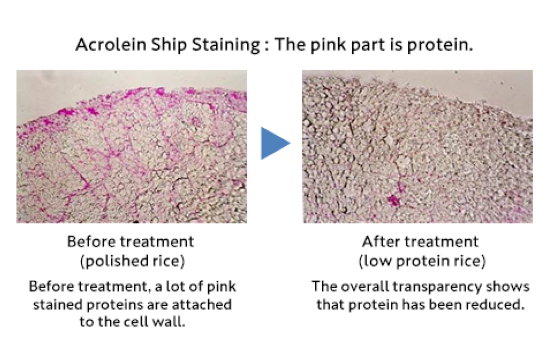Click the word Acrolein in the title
111,45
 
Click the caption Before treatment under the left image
130,241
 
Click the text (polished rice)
132,261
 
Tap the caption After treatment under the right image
420,241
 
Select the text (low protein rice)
422,261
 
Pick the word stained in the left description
58,305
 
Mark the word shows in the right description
515,286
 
